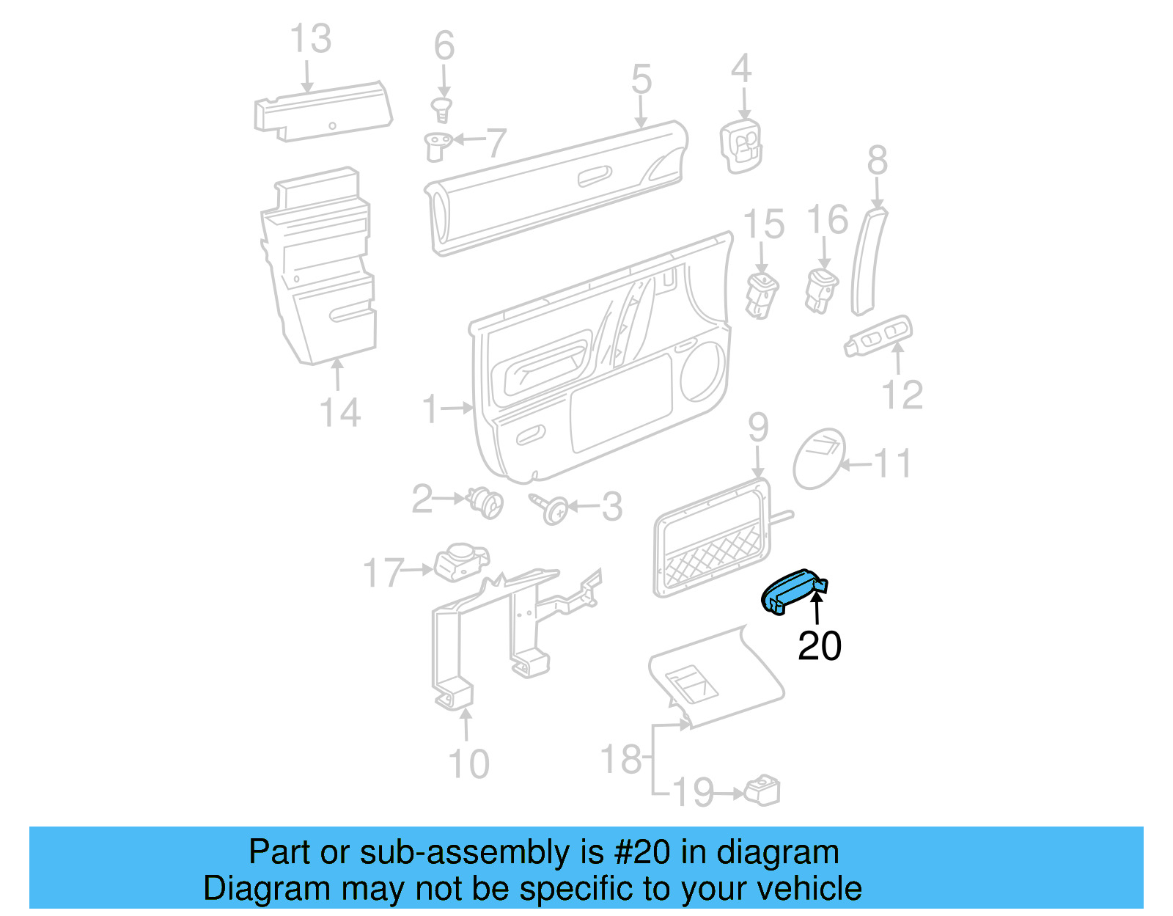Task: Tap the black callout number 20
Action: pyautogui.click(x=819, y=646)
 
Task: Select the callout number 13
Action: pyautogui.click(x=311, y=39)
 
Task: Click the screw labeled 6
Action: pyautogui.click(x=442, y=110)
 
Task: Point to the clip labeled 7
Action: pyautogui.click(x=438, y=145)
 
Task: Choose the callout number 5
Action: pyautogui.click(x=641, y=79)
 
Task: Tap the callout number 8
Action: pyautogui.click(x=877, y=161)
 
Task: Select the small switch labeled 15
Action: pyautogui.click(x=761, y=294)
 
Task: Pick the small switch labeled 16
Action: pyautogui.click(x=821, y=289)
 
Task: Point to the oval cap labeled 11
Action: pyautogui.click(x=820, y=458)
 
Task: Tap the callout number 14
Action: pyautogui.click(x=340, y=412)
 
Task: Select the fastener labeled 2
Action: pyautogui.click(x=485, y=502)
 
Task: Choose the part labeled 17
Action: pyautogui.click(x=460, y=563)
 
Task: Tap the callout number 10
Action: pyautogui.click(x=468, y=764)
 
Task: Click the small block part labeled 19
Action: pyautogui.click(x=762, y=791)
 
